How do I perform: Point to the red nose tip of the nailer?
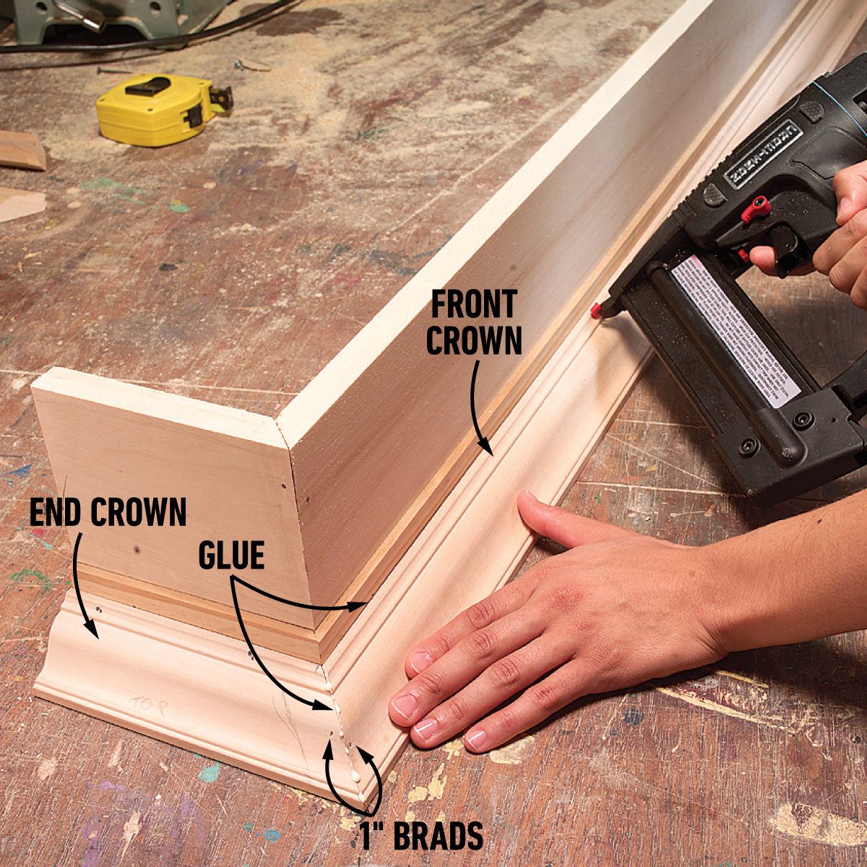pos(597,311)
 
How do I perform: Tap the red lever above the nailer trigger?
pos(754,210)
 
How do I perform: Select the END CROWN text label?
pos(108,513)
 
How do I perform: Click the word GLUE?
pos(231,556)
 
